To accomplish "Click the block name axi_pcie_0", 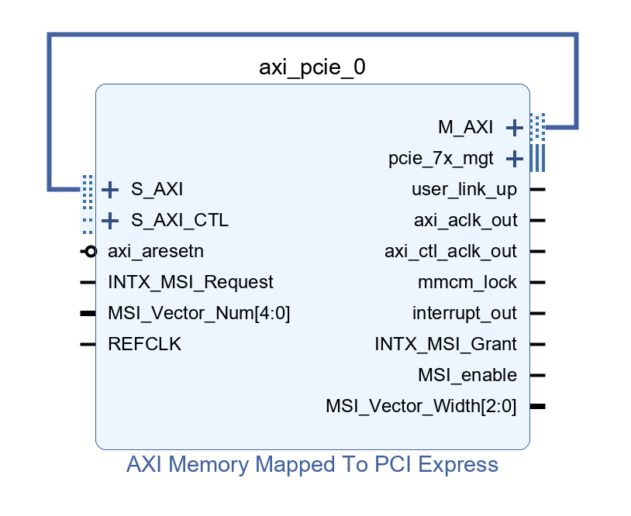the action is click(x=312, y=67).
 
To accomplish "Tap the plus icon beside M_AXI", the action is click(x=514, y=128).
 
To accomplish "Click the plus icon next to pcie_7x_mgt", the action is click(x=514, y=159).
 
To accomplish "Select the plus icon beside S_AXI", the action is click(x=110, y=190).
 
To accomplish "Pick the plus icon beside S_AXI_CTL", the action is click(x=110, y=221).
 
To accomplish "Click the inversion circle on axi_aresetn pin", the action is click(x=91, y=252).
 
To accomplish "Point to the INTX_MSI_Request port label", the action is click(x=191, y=282).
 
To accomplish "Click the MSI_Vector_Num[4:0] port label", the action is click(x=198, y=313).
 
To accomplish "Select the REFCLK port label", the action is click(x=144, y=344).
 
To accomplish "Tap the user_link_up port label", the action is click(x=464, y=190).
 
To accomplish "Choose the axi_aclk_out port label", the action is click(x=466, y=220).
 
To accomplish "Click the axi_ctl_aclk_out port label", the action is click(x=450, y=251).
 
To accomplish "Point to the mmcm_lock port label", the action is click(x=467, y=282).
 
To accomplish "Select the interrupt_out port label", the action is click(x=464, y=313).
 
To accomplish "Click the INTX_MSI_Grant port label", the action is click(x=446, y=344).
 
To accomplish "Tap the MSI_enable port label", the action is click(x=467, y=375).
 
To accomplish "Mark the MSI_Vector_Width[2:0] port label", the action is click(x=421, y=406).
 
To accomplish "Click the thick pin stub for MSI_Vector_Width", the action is click(x=538, y=406).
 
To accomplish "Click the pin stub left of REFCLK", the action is click(x=88, y=344).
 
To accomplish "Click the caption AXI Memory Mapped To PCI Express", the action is click(x=312, y=465).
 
